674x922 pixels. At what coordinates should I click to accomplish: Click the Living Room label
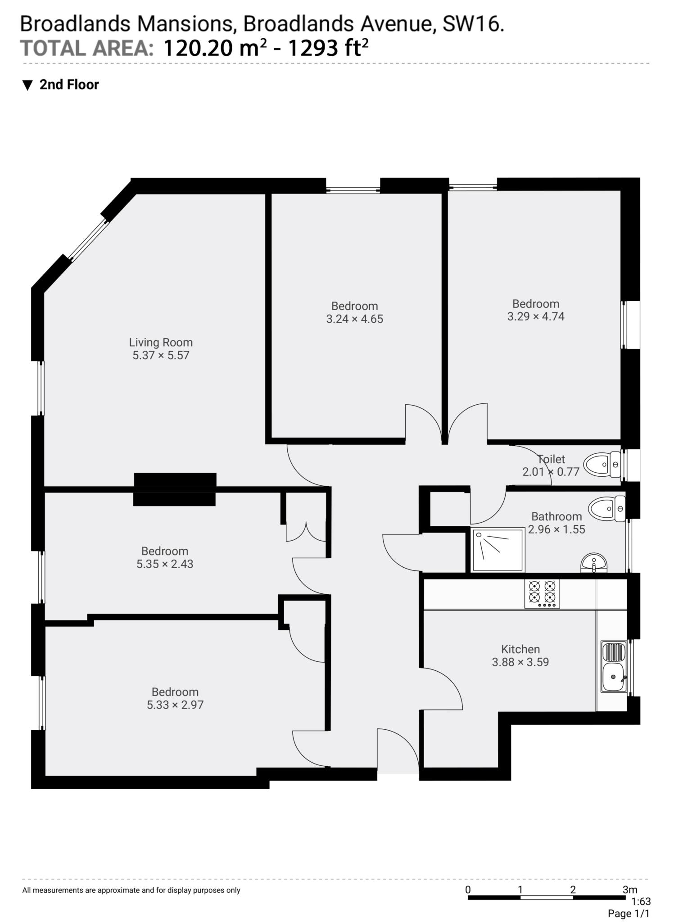pyautogui.click(x=161, y=343)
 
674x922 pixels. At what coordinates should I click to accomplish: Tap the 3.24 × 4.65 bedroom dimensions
pyautogui.click(x=355, y=319)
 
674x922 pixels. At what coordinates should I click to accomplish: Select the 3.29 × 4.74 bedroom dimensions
pyautogui.click(x=536, y=316)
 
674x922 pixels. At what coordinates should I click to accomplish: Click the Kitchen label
pyautogui.click(x=520, y=649)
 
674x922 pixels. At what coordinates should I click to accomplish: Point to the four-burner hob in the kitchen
pyautogui.click(x=542, y=594)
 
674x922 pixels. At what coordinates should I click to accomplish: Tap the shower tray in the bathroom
pyautogui.click(x=498, y=550)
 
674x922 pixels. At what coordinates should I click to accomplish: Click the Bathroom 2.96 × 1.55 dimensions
pyautogui.click(x=556, y=529)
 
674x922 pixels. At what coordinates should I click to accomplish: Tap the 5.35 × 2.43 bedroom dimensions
pyautogui.click(x=165, y=564)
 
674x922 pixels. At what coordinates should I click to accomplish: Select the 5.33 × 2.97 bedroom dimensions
pyautogui.click(x=175, y=705)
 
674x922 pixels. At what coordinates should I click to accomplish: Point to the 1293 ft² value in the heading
pyautogui.click(x=328, y=48)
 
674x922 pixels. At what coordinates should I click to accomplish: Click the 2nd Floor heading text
pyautogui.click(x=69, y=85)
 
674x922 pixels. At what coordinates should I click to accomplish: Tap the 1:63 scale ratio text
pyautogui.click(x=641, y=902)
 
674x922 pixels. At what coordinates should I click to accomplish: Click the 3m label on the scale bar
pyautogui.click(x=630, y=890)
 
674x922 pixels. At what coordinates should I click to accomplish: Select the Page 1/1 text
pyautogui.click(x=629, y=913)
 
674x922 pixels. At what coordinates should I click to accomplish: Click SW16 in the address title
pyautogui.click(x=473, y=24)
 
